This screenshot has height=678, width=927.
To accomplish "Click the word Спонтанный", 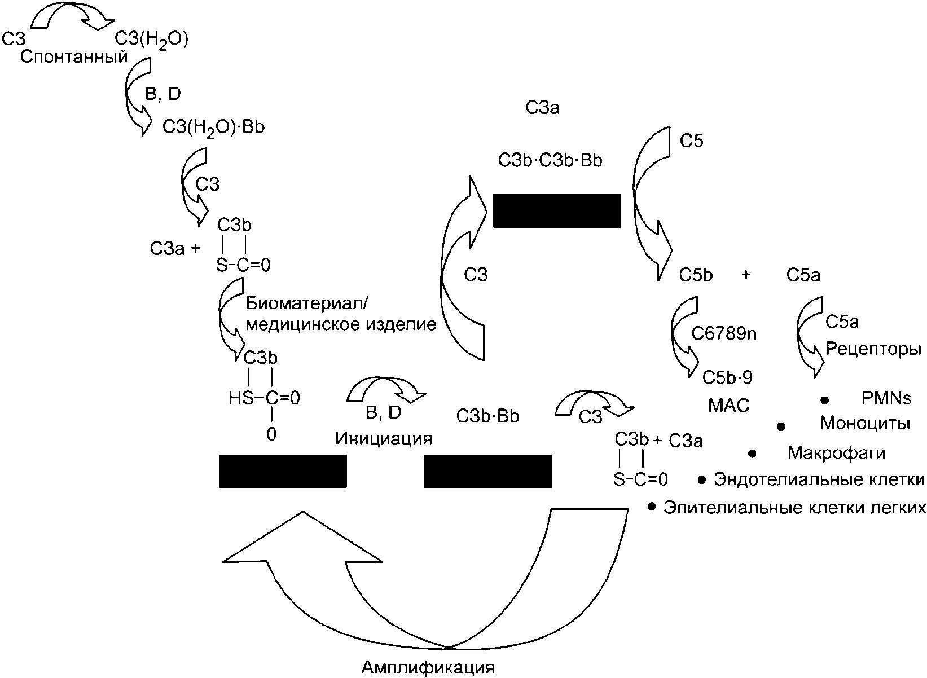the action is (74, 56).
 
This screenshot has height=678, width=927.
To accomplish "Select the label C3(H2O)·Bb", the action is (213, 127).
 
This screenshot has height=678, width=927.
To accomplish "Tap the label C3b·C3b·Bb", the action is (550, 161).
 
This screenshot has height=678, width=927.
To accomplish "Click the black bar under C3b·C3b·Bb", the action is (557, 210).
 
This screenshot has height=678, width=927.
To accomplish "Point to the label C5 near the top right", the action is (691, 141).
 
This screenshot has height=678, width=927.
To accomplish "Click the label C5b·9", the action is (727, 377).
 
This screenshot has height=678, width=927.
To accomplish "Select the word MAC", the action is (729, 406).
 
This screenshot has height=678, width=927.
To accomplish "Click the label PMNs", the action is (886, 398).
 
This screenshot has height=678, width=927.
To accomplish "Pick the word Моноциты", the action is (866, 424).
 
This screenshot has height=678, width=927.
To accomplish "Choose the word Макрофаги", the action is (836, 453).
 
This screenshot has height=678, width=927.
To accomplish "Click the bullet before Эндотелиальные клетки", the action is (701, 480).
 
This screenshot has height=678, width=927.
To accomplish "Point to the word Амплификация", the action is (428, 667).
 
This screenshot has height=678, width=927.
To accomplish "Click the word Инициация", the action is (383, 439).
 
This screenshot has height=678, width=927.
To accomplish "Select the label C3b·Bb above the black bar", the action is (487, 416).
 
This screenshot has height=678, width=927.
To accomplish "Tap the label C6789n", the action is (724, 333).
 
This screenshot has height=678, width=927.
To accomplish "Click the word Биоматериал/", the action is (307, 304).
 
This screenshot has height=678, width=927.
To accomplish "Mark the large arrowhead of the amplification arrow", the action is (303, 538).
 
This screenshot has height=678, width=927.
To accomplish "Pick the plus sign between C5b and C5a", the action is (746, 275).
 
